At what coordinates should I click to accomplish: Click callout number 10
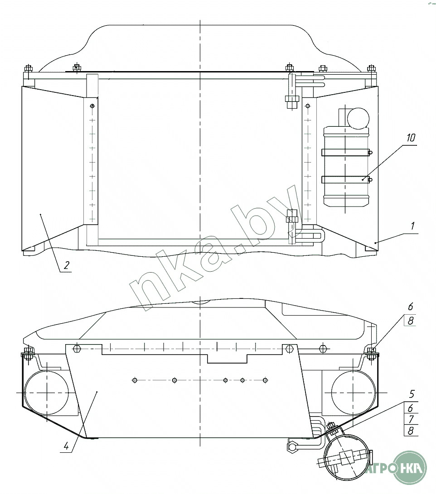(x=411, y=138)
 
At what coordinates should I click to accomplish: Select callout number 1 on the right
(x=412, y=226)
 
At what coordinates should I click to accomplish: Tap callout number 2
(x=66, y=265)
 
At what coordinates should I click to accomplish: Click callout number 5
(x=412, y=394)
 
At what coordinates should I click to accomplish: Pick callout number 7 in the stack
(x=411, y=419)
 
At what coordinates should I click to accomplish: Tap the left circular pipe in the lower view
(x=46, y=393)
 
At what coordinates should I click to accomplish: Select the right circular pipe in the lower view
(x=354, y=393)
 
